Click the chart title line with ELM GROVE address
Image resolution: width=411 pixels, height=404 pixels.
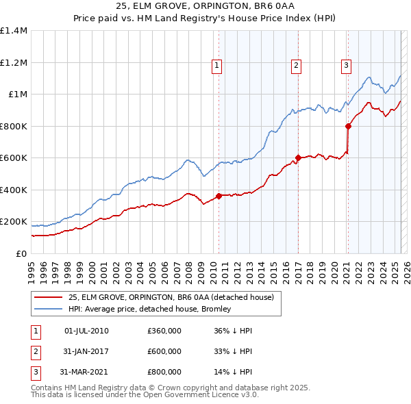205,6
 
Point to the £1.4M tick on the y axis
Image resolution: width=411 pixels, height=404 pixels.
14,31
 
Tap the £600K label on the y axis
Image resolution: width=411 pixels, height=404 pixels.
14,158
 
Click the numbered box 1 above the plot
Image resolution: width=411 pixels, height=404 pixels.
216,66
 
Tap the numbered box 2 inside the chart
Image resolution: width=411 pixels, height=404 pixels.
296,66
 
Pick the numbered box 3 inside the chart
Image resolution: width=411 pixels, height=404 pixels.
346,66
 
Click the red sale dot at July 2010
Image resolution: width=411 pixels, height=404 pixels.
219,197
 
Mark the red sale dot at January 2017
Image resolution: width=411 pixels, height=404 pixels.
298,158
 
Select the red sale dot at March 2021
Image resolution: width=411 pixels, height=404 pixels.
348,126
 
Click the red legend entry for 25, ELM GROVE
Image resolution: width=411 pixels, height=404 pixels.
171,297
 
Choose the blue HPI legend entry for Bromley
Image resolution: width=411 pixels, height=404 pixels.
149,309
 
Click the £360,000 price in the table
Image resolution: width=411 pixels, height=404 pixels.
164,331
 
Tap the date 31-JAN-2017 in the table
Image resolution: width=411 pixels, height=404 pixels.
86,351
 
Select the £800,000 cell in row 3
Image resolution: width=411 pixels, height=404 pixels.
164,372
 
